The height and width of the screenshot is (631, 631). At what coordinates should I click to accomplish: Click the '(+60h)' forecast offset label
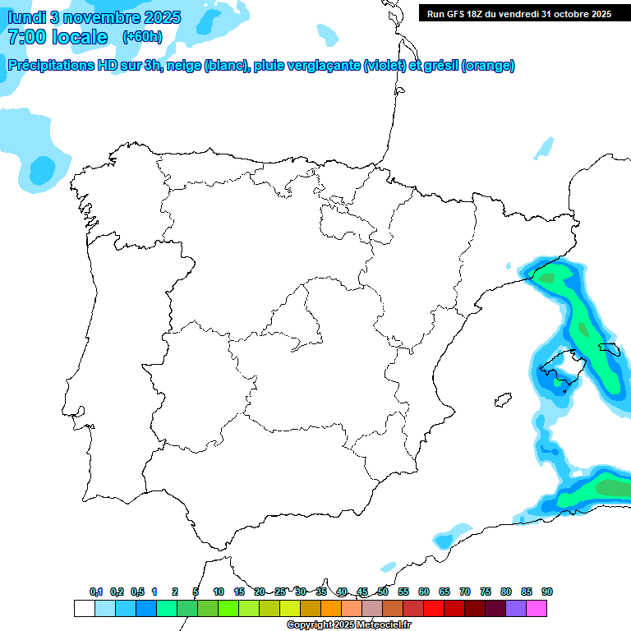[143, 37]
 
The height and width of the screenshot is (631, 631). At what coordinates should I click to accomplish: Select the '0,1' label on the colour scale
[96, 592]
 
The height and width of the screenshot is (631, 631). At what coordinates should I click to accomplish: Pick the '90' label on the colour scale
[547, 592]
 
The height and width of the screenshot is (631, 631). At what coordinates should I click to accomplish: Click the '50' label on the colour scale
[383, 592]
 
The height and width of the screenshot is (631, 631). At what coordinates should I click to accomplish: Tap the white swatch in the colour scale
[84, 609]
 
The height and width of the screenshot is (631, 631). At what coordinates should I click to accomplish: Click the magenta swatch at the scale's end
[537, 609]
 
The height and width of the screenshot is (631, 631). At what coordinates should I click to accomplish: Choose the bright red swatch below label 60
[433, 609]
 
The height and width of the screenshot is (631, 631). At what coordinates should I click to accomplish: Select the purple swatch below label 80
[516, 609]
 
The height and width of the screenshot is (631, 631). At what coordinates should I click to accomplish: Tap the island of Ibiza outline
[499, 401]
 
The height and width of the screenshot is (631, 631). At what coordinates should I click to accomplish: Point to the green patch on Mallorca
[558, 381]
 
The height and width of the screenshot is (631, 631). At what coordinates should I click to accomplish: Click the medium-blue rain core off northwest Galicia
[42, 170]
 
